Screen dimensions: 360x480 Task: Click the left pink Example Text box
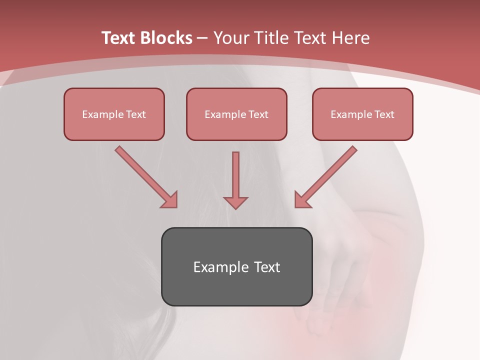(114, 114)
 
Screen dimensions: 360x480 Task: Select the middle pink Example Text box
(236, 114)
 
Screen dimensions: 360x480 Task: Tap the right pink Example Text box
(362, 114)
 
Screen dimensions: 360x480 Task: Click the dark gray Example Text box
(236, 266)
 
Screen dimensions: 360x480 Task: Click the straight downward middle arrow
(235, 175)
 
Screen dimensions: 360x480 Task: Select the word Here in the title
(352, 38)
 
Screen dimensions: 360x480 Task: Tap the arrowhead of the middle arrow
(235, 202)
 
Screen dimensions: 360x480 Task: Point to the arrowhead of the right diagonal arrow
(301, 200)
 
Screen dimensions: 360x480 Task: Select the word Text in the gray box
(266, 267)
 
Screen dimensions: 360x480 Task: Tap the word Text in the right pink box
(384, 114)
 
